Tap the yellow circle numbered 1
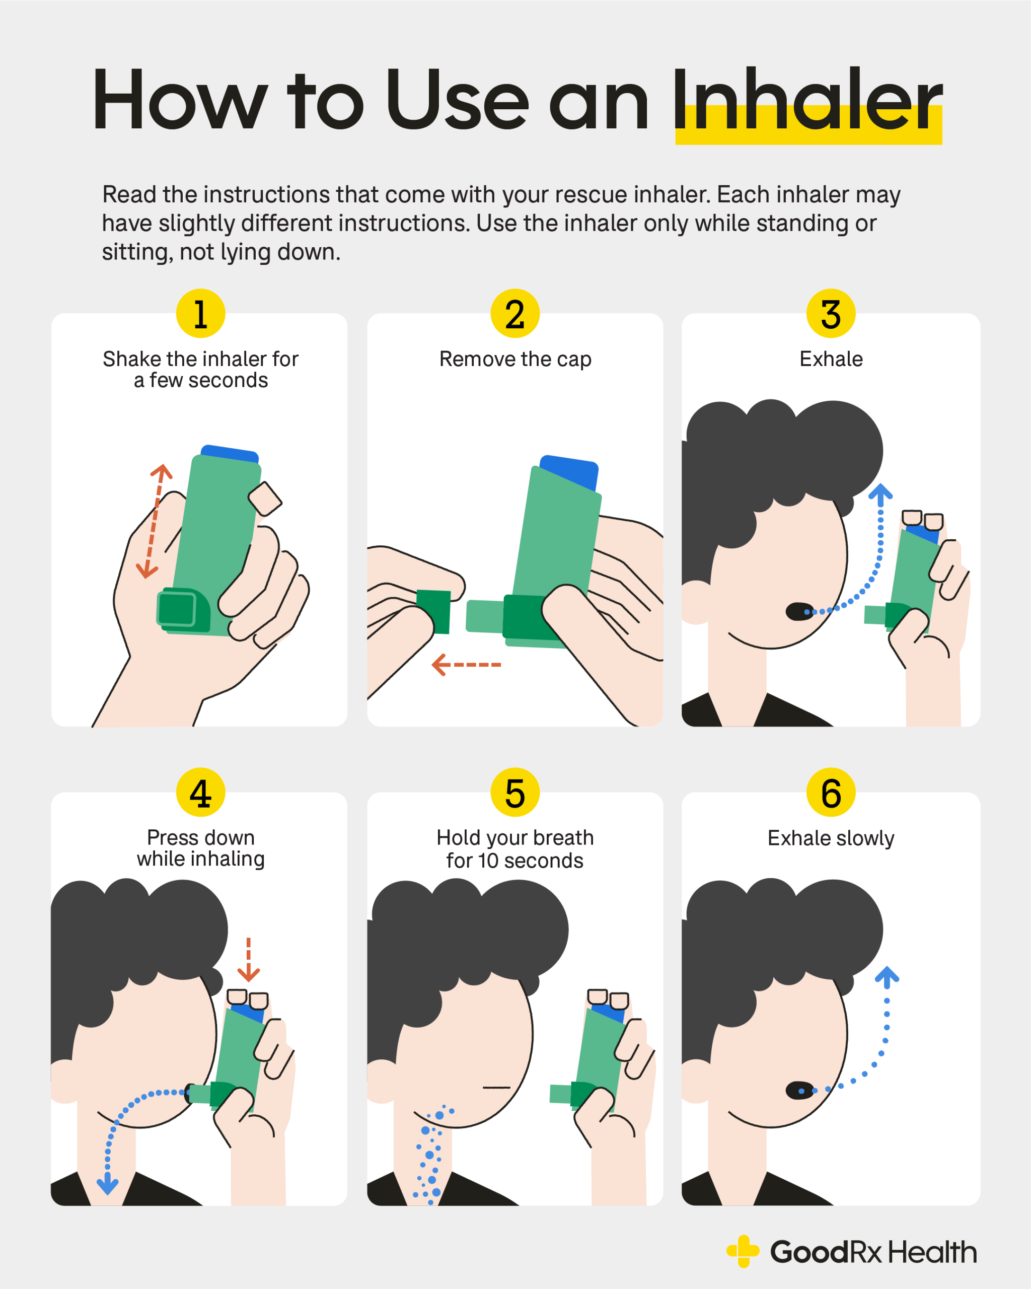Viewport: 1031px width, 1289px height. point(201,314)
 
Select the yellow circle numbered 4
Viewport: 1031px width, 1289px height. point(201,793)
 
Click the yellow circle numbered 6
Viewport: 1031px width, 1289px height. point(831,793)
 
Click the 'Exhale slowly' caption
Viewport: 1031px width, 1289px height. point(831,838)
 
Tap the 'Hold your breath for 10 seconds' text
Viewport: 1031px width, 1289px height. point(515,849)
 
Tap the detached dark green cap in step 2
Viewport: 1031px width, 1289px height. point(434,611)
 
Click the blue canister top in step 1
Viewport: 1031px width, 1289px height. point(230,453)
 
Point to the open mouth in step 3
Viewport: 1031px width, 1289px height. point(799,611)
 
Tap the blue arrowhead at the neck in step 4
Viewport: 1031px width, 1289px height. point(108,1184)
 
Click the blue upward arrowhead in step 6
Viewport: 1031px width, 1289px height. point(887,977)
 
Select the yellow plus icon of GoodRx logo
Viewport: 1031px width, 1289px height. point(743,1251)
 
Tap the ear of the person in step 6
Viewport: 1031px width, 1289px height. point(695,1081)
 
